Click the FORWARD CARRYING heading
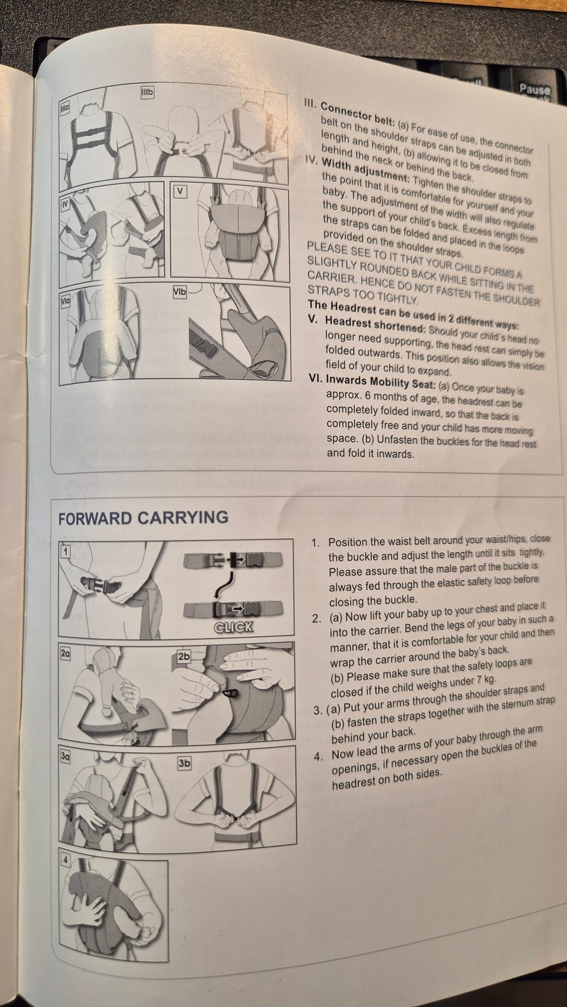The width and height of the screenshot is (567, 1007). [144, 518]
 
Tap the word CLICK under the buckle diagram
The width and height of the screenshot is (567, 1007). [234, 627]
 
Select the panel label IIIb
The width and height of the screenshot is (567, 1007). [148, 93]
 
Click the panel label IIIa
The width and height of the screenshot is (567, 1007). [65, 108]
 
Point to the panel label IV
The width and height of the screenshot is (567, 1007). [66, 204]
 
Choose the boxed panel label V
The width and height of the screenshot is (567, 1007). [180, 191]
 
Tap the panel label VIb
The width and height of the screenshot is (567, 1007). [180, 292]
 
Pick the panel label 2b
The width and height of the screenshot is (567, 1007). [184, 656]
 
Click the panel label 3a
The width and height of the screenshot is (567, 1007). [66, 757]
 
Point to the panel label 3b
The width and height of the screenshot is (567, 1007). [184, 763]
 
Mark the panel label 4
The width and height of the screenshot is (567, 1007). [66, 861]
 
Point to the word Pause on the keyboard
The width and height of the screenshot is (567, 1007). [535, 89]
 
